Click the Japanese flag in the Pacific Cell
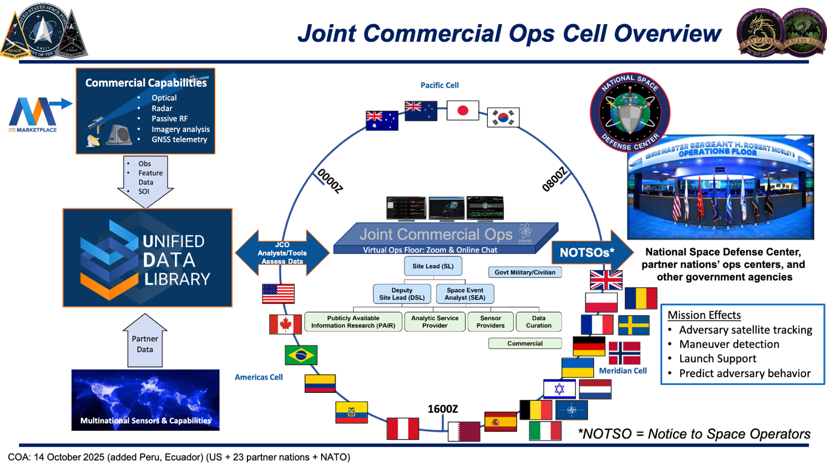click(x=463, y=111)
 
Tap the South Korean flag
click(x=503, y=118)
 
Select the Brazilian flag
click(x=301, y=355)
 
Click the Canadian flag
click(x=285, y=324)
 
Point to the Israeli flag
click(x=559, y=389)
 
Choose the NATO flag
click(x=571, y=411)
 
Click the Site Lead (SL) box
click(x=433, y=266)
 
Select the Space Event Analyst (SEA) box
click(x=465, y=294)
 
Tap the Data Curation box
click(x=538, y=322)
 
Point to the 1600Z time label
click(x=442, y=409)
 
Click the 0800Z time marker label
click(x=554, y=179)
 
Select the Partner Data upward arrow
click(x=144, y=342)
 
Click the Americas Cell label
click(x=258, y=377)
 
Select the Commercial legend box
click(x=525, y=344)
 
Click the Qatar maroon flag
click(x=464, y=431)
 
